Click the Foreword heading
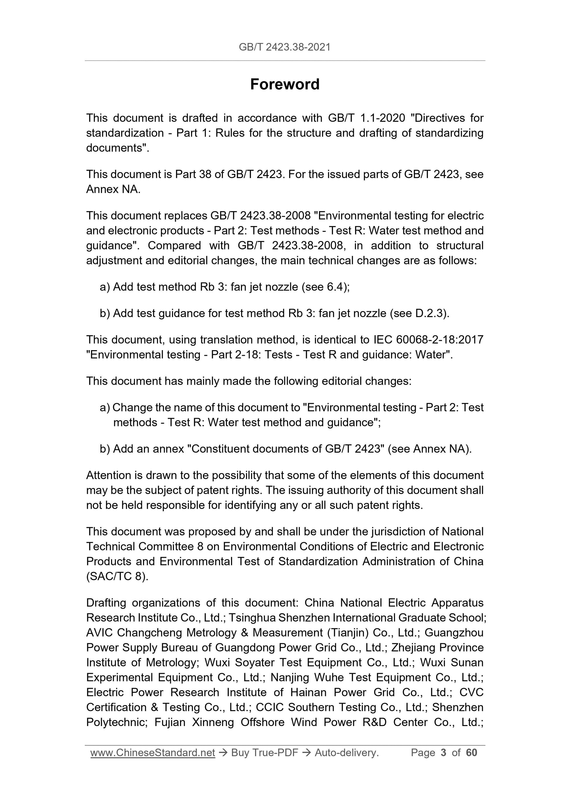(x=284, y=85)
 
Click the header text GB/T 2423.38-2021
(x=284, y=47)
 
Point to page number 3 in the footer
(x=443, y=752)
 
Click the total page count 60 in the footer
(x=471, y=752)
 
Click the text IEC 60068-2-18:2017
(x=426, y=340)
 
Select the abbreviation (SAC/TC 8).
(x=117, y=576)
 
